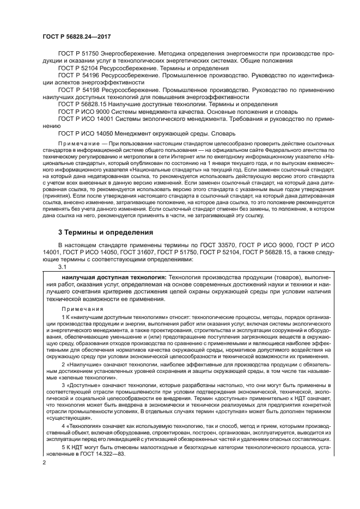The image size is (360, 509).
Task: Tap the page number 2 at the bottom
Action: click(x=44, y=463)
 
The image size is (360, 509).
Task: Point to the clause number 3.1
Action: click(x=62, y=267)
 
